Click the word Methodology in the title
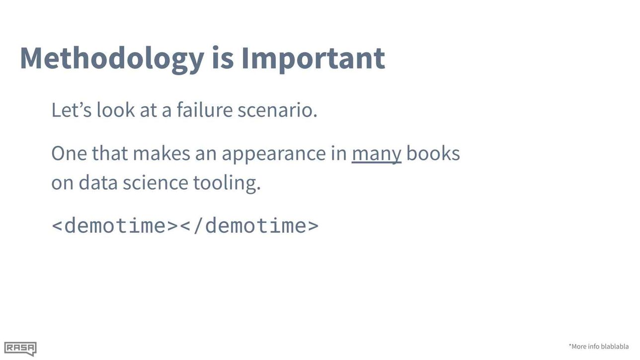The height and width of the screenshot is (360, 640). (112, 60)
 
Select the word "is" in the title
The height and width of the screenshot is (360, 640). (223, 58)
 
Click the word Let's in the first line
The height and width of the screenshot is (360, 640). (72, 110)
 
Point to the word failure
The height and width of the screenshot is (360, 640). (205, 110)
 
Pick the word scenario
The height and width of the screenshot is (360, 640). (277, 110)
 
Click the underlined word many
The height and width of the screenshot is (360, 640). (376, 154)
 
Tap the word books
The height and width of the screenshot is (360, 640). (433, 153)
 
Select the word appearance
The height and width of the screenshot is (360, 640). (274, 154)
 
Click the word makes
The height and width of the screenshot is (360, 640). (161, 153)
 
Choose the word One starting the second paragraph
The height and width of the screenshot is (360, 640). (69, 153)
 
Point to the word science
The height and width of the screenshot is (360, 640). (156, 182)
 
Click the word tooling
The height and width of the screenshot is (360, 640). (227, 184)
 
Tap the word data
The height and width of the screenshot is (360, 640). (98, 182)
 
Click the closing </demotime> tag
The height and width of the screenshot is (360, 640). (249, 225)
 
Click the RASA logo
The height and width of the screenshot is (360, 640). (20, 349)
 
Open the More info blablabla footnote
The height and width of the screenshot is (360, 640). (598, 346)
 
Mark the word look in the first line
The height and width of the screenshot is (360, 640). (116, 110)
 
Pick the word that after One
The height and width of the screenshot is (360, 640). (110, 153)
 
